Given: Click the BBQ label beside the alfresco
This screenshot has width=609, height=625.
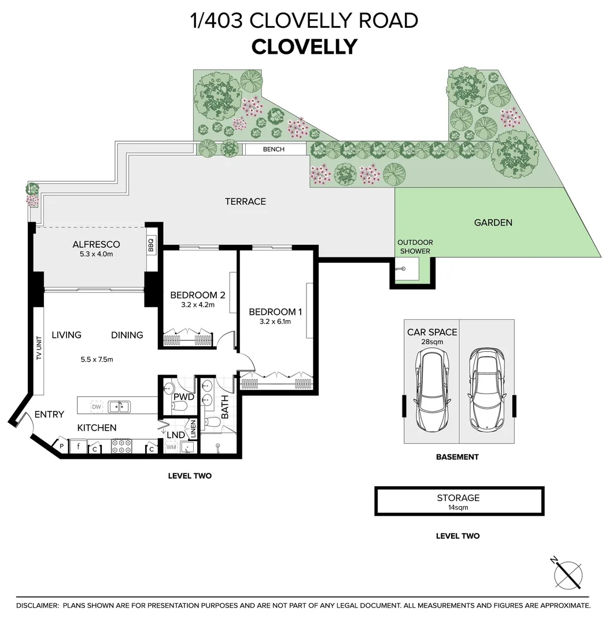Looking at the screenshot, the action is coord(150,244).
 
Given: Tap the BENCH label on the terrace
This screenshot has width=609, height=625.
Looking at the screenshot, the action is coord(274,149).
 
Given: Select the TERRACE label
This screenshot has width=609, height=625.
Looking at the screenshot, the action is coord(245,201).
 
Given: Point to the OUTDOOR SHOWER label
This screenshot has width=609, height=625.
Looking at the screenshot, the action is coord(415,247).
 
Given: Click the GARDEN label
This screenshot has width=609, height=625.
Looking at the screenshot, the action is coord(493,222).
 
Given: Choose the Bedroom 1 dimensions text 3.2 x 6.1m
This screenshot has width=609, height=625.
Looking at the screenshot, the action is coord(275,322).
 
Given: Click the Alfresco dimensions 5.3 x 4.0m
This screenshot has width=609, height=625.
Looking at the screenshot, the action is coord(97,254).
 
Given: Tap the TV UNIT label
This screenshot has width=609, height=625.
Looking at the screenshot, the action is coord(39,347).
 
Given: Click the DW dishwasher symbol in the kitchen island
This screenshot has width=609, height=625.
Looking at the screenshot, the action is coord(97,407).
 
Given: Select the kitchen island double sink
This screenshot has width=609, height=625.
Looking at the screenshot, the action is coord(119,407).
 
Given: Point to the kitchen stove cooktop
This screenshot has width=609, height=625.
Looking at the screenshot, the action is coord(121,446).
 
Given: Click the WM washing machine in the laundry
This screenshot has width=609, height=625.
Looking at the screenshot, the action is coord(171,447).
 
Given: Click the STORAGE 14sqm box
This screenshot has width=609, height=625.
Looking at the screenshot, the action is coord(459,501).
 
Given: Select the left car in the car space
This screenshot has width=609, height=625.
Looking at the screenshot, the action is coord(432,389).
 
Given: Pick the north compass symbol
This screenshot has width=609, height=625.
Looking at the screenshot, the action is coord(567,573).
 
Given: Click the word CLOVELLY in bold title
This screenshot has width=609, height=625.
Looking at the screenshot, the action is coord(305,47).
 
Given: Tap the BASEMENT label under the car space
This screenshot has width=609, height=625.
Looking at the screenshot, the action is coord(457,457).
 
